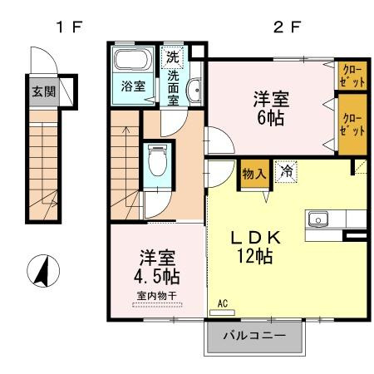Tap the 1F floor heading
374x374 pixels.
[x=68, y=26]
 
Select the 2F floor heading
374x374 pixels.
[x=286, y=26]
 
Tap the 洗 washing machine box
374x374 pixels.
[x=171, y=57]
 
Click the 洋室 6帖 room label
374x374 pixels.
[x=271, y=108]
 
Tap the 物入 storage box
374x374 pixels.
[x=253, y=175]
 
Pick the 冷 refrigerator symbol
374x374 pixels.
[x=286, y=173]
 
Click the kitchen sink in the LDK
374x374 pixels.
[x=319, y=219]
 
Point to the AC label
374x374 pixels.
[x=222, y=304]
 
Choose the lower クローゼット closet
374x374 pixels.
[x=352, y=125]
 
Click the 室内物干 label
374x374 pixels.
[x=158, y=295]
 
